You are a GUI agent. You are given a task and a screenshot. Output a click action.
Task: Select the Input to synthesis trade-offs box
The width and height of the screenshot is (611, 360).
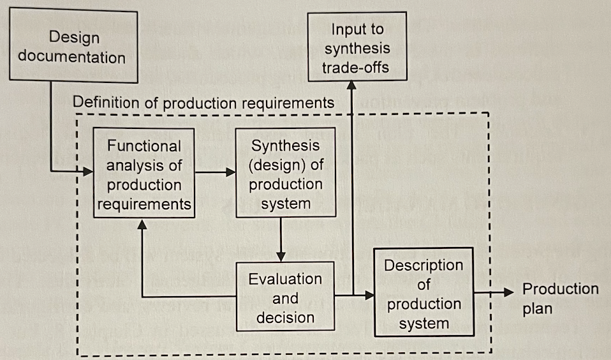click(x=357, y=48)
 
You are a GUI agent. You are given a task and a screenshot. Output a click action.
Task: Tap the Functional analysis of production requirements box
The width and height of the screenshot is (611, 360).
click(x=144, y=174)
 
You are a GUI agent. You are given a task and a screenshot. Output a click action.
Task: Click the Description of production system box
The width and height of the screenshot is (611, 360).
click(x=423, y=293)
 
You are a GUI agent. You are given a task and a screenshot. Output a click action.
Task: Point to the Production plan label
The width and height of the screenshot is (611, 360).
click(x=560, y=298)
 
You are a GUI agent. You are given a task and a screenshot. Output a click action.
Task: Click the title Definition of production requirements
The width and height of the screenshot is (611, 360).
click(x=203, y=102)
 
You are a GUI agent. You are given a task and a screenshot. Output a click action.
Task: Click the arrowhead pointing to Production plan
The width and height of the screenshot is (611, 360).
click(x=508, y=292)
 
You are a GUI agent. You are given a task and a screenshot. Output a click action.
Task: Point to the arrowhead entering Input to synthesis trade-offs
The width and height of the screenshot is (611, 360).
click(x=352, y=87)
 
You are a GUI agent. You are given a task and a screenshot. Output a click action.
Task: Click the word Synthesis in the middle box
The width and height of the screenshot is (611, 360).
click(x=286, y=146)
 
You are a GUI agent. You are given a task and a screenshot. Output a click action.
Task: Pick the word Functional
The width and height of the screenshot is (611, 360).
click(x=144, y=146)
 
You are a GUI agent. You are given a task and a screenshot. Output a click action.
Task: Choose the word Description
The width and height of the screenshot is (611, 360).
click(x=423, y=265)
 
